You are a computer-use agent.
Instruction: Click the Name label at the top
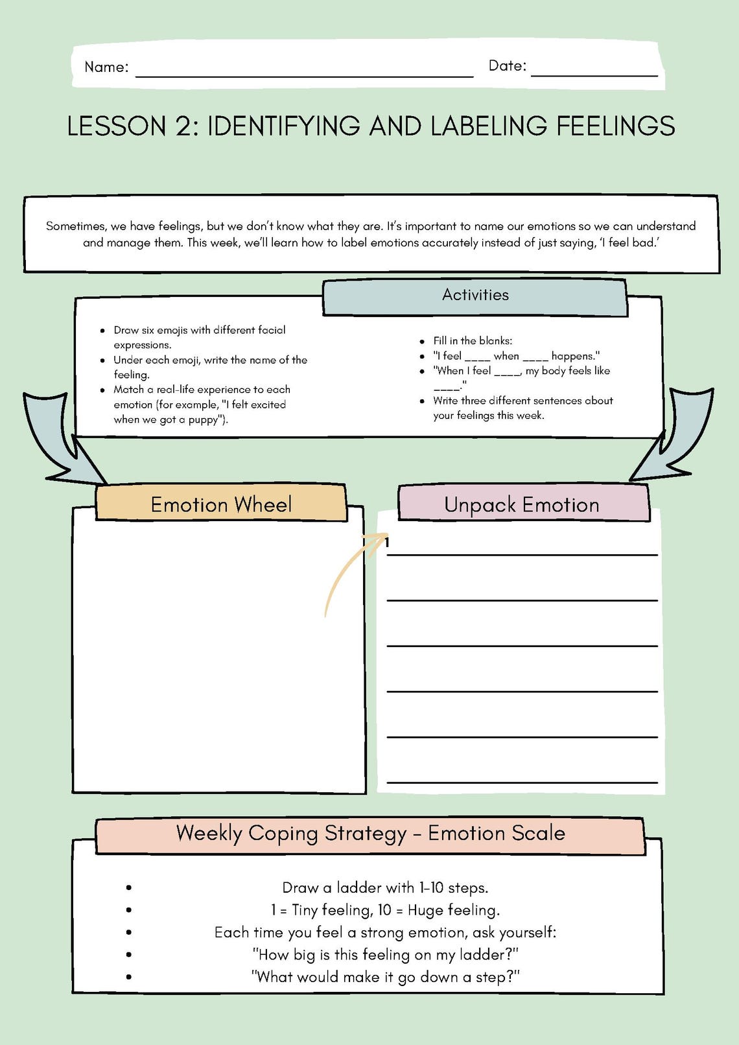coord(106,67)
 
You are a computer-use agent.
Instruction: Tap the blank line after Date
coord(594,75)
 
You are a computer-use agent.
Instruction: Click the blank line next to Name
coord(304,75)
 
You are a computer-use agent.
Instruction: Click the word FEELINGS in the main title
coord(615,126)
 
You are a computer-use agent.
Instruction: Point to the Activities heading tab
coord(475,296)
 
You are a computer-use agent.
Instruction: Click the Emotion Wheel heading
coord(221,504)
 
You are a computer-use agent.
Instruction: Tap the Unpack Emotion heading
coord(522,504)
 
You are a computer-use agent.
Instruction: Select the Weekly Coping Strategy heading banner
coord(370,834)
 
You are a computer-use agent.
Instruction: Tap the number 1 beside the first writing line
coord(387,543)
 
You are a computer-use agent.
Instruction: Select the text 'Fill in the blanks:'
coord(473,341)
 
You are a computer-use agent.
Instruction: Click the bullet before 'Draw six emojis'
coord(102,331)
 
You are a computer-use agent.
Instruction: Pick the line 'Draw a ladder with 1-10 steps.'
coord(385,887)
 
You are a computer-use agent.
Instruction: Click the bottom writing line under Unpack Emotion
coord(522,782)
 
